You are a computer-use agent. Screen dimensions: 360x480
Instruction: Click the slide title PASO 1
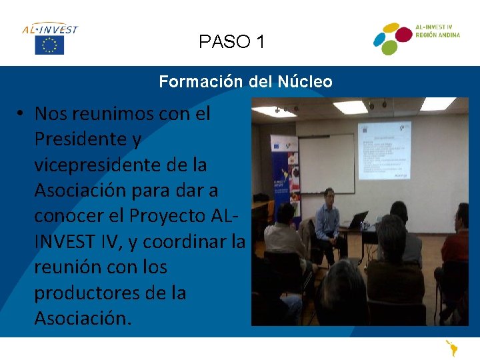point(231,42)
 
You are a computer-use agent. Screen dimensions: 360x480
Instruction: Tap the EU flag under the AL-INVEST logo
point(49,45)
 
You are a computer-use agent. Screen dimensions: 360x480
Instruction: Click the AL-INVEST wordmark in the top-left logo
point(50,29)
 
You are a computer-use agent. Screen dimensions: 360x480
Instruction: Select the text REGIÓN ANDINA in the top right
point(437,35)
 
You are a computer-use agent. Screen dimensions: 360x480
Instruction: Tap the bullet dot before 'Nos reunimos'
point(22,114)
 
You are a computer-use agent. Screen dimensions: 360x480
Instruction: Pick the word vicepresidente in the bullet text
point(92,165)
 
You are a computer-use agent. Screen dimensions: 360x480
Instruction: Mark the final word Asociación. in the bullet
point(83,319)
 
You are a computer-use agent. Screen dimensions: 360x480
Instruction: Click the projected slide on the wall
point(384,150)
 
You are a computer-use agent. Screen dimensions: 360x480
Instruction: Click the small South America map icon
point(453,349)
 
